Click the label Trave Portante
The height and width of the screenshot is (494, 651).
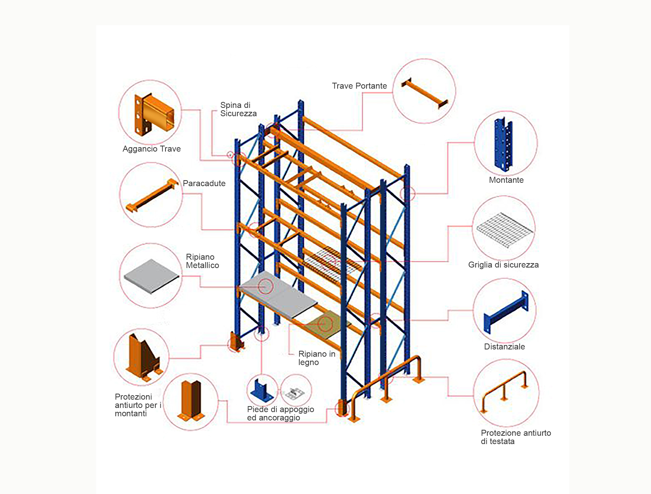tap(359, 86)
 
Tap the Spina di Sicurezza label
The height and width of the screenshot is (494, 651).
tap(238, 109)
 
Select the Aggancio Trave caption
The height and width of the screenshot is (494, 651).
tap(151, 149)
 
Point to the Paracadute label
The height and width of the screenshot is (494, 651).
tap(204, 184)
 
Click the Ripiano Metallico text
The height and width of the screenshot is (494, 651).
tap(202, 261)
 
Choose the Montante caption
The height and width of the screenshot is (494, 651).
tap(506, 180)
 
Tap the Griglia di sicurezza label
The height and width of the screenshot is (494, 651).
tap(503, 265)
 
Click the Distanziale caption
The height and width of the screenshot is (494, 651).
tap(504, 347)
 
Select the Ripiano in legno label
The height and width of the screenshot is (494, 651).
tap(317, 358)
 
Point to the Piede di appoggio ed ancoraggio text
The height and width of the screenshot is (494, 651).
tap(280, 413)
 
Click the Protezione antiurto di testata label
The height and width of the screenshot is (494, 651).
tap(516, 437)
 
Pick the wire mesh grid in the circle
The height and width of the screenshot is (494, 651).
tap(505, 230)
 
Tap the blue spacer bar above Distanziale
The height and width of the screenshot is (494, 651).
tap(506, 312)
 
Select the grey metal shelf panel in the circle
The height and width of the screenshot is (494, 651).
tap(151, 276)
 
